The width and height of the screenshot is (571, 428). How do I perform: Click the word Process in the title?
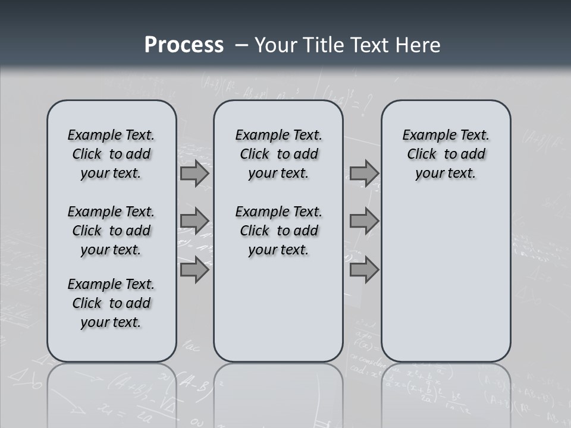pyautogui.click(x=184, y=45)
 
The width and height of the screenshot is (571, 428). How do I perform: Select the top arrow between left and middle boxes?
pyautogui.click(x=194, y=174)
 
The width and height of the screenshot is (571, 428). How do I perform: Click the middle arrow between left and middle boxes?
pyautogui.click(x=194, y=221)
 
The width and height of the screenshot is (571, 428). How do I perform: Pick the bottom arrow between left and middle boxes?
pyautogui.click(x=194, y=270)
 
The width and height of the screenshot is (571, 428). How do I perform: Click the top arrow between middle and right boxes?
pyautogui.click(x=364, y=174)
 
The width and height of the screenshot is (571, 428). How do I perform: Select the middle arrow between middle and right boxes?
pyautogui.click(x=364, y=221)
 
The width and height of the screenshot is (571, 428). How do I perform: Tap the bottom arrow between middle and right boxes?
pyautogui.click(x=364, y=270)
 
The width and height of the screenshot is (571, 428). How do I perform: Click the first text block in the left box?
pyautogui.click(x=111, y=154)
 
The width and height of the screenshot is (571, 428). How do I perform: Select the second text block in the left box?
pyautogui.click(x=111, y=231)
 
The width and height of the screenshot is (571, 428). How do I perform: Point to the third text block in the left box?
pyautogui.click(x=111, y=303)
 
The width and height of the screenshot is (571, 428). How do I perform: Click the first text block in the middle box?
pyautogui.click(x=278, y=154)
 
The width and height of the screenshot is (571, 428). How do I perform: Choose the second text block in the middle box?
pyautogui.click(x=278, y=231)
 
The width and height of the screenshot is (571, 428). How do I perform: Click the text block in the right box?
pyautogui.click(x=445, y=154)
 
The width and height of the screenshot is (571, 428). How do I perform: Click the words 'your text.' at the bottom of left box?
pyautogui.click(x=111, y=322)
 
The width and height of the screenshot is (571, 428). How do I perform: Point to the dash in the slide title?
pyautogui.click(x=241, y=45)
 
